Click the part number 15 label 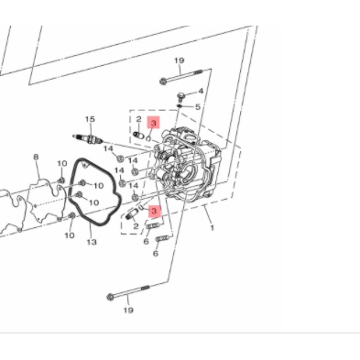[90, 119]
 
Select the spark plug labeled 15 [87, 138]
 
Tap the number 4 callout [201, 91]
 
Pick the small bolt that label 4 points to [180, 97]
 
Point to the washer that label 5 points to [180, 106]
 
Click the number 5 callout [198, 107]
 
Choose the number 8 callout [36, 158]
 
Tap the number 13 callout [92, 242]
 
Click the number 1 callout [212, 227]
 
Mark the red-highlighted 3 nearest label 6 [154, 211]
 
